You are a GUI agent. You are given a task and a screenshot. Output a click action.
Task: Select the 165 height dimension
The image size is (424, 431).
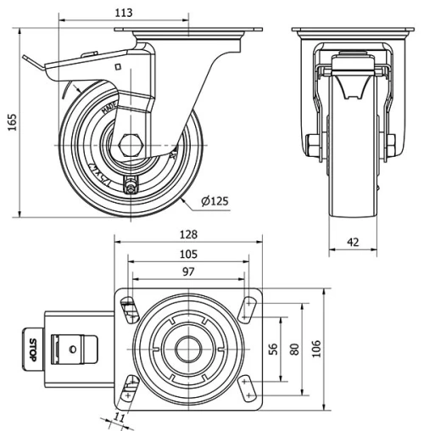click(11, 123)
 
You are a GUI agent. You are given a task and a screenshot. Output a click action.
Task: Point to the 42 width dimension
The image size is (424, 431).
click(353, 243)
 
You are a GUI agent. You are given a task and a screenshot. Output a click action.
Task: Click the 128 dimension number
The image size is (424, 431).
click(187, 234)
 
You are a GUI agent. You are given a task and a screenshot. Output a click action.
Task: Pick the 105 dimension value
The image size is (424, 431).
click(187, 254)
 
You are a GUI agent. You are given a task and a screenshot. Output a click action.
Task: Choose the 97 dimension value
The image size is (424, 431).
click(187, 271)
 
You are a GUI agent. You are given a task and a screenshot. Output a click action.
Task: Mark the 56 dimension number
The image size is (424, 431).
click(273, 348)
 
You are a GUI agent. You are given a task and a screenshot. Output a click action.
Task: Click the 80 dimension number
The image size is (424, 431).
click(294, 348)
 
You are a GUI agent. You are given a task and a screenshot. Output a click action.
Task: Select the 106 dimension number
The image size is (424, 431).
click(316, 348)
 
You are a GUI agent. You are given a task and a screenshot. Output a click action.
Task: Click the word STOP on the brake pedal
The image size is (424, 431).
click(32, 348)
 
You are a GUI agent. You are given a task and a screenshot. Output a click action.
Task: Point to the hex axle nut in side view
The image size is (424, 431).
click(131, 145)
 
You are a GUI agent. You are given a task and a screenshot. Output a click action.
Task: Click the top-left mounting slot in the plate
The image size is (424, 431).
click(130, 309)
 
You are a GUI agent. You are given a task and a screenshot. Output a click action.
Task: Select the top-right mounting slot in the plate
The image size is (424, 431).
click(247, 309)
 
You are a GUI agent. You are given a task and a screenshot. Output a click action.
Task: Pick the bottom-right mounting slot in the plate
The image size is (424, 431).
click(247, 388)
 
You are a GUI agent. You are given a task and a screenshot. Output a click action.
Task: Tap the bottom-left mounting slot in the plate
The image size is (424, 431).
click(130, 388)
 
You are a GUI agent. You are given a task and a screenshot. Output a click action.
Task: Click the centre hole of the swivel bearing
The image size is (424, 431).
click(187, 348)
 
